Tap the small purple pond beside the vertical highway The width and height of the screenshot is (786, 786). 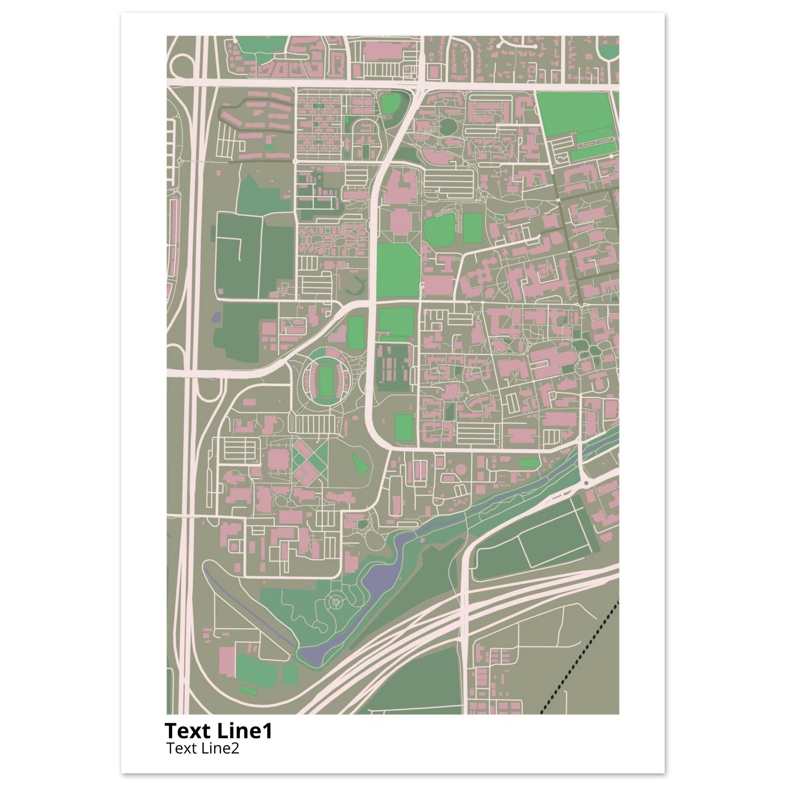(216, 317)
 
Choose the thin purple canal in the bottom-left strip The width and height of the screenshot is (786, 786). (248, 614)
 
